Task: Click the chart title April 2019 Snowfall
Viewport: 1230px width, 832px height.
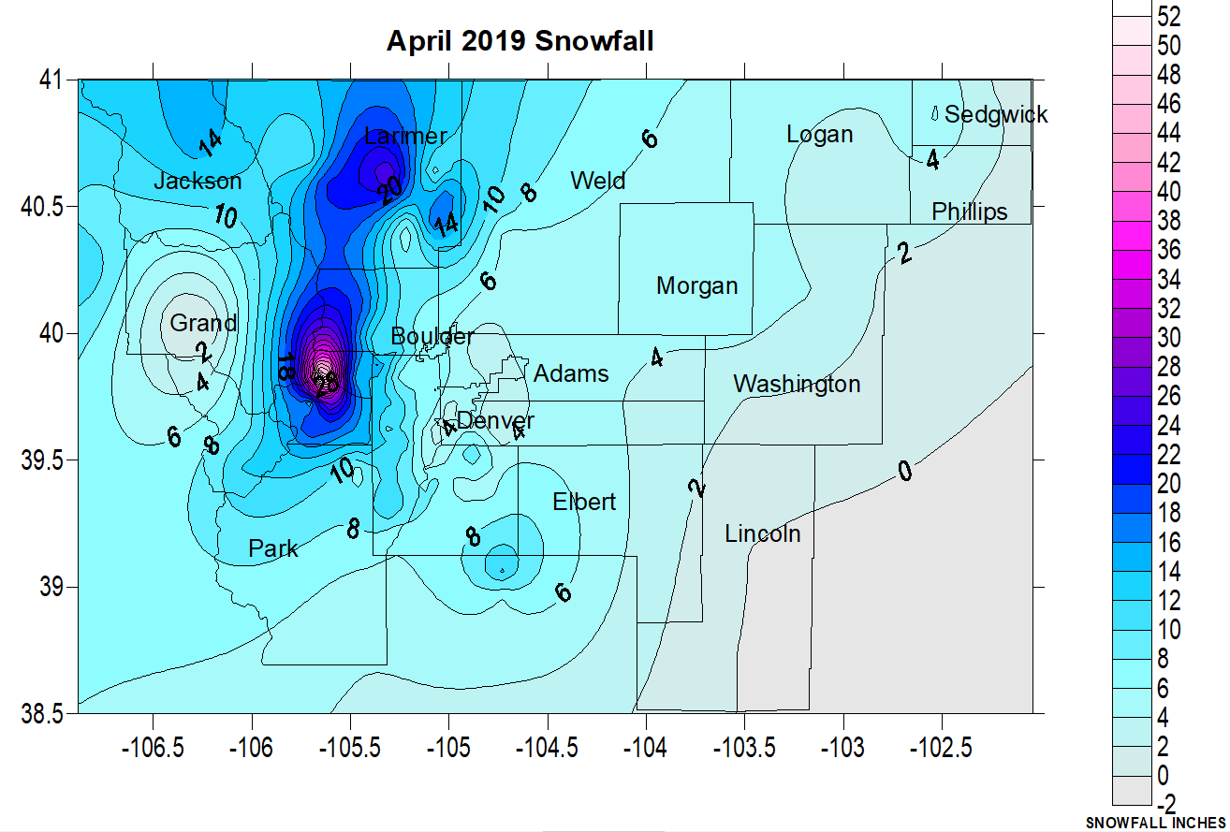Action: [520, 41]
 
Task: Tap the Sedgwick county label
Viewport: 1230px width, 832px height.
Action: [996, 114]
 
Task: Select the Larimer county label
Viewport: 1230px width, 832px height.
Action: [405, 136]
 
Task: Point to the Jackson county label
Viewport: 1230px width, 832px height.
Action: [198, 181]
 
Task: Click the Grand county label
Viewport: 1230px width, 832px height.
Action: [203, 324]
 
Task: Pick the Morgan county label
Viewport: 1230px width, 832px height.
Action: [696, 285]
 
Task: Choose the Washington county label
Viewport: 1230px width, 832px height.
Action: [797, 384]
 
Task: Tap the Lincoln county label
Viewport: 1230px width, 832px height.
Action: [763, 533]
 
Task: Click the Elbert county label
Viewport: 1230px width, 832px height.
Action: [584, 502]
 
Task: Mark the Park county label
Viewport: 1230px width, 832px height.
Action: [273, 548]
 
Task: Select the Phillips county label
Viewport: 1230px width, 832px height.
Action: [969, 212]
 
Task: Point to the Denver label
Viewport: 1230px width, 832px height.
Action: [495, 420]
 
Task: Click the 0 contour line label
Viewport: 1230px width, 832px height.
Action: [904, 472]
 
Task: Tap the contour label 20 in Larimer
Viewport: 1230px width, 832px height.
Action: [392, 189]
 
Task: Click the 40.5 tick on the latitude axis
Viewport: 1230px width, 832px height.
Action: [43, 206]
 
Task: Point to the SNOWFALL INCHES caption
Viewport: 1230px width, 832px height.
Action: [1156, 824]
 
